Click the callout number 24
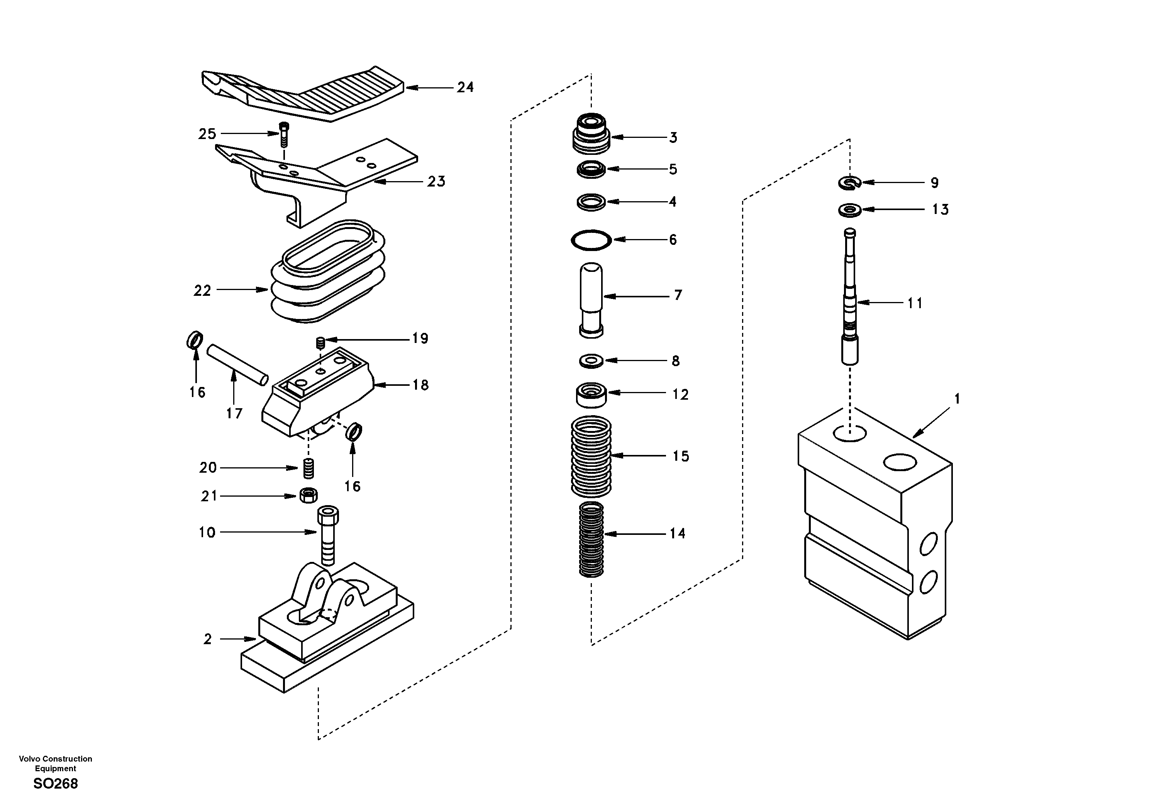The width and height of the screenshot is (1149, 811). pos(465,88)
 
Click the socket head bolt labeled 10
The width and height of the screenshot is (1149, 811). pos(328,536)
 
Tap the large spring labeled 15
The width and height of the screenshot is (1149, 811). pos(591,456)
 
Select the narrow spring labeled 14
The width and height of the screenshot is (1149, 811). pos(591,539)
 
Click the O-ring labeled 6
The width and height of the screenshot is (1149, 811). pos(591,240)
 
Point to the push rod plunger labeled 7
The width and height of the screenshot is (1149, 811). pos(591,298)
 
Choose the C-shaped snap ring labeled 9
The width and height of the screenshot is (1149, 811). pos(849,183)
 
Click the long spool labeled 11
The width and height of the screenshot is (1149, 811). pos(850,300)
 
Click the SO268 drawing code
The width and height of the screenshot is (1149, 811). pos(56,784)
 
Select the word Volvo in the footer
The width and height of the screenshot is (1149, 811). pos(29,759)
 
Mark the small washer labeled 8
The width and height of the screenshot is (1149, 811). pos(591,360)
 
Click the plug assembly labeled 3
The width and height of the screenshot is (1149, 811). pos(591,133)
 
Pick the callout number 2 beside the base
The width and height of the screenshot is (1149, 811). pos(208,639)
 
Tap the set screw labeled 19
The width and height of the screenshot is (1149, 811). pos(321,343)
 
